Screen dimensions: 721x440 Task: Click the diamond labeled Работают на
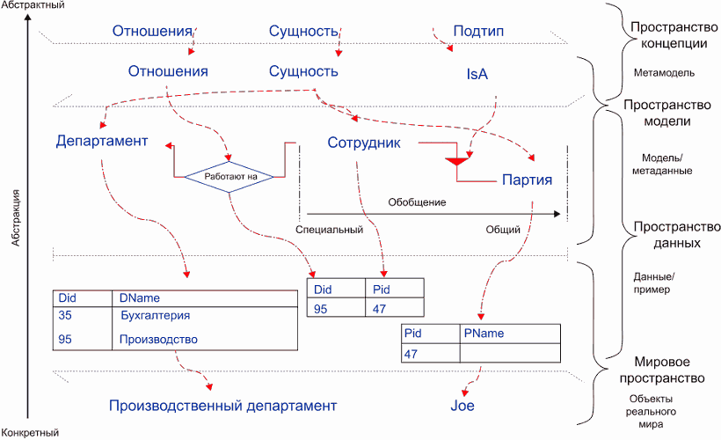click(229, 177)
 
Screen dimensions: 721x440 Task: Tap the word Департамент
click(102, 141)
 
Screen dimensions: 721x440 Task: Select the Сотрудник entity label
click(364, 143)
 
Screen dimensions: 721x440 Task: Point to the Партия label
click(527, 180)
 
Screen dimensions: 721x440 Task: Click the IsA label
click(477, 74)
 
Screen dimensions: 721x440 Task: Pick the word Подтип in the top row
click(478, 31)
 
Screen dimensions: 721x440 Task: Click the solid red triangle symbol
click(456, 161)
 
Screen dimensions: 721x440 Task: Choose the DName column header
click(139, 297)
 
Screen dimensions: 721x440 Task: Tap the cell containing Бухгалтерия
click(156, 316)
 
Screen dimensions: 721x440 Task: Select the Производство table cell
click(158, 340)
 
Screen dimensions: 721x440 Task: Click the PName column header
click(484, 334)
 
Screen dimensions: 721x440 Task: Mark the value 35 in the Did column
click(65, 315)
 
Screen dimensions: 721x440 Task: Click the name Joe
click(462, 406)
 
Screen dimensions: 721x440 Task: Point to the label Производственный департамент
click(223, 406)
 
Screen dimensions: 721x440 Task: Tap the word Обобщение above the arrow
click(417, 202)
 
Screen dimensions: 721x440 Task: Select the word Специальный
click(329, 230)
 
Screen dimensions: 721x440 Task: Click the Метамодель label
click(664, 73)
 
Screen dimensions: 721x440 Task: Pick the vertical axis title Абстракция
click(16, 217)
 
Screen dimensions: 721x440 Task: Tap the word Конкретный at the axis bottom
click(30, 433)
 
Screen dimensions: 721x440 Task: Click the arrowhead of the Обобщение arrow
click(557, 214)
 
